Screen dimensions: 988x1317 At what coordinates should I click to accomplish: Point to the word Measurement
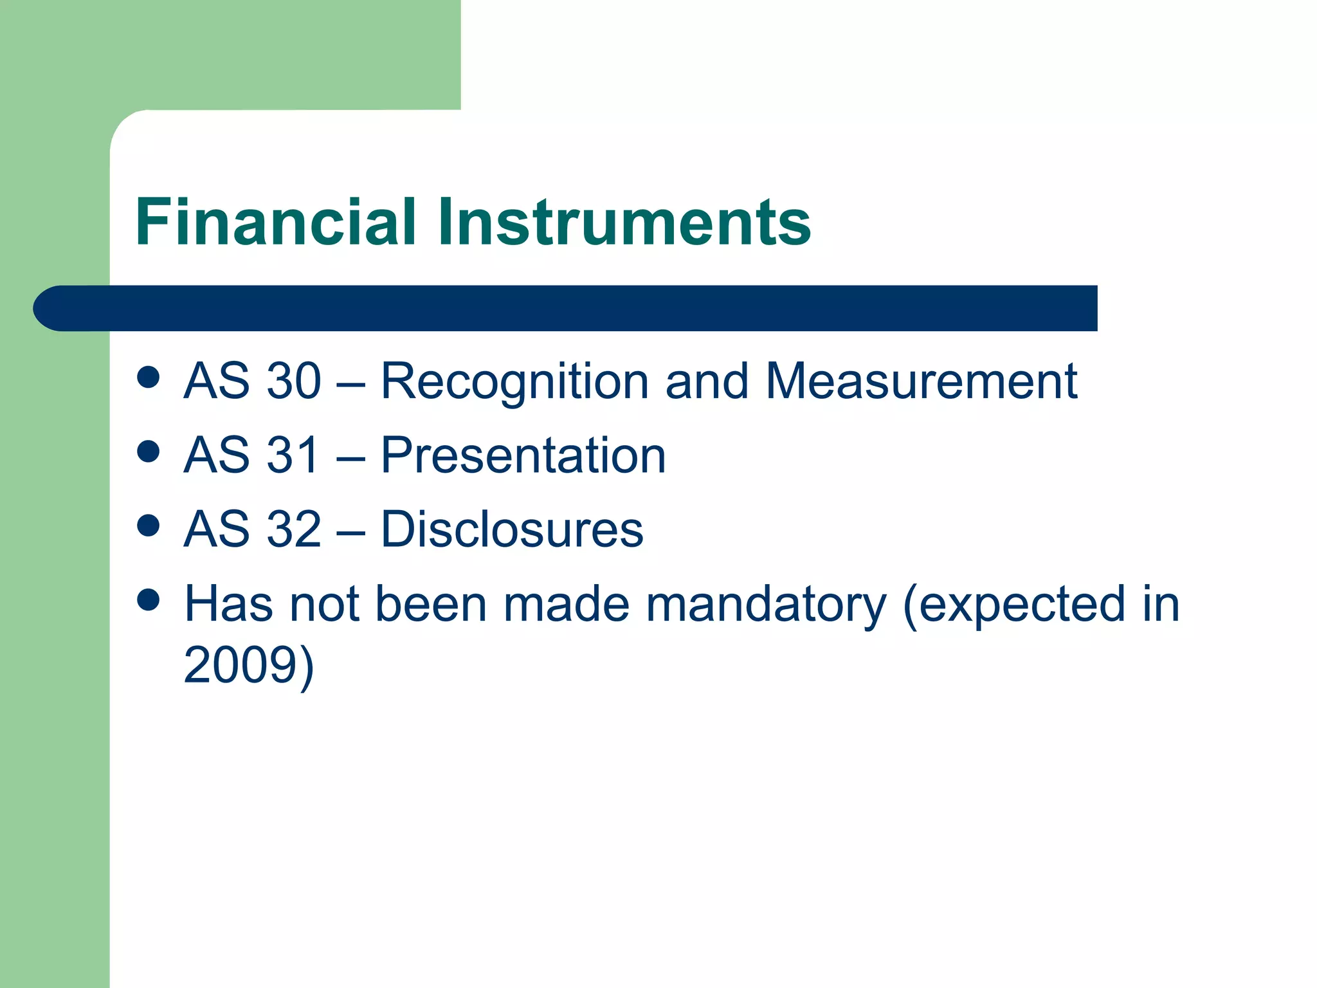click(x=921, y=381)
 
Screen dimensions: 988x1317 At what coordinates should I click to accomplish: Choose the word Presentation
click(x=523, y=455)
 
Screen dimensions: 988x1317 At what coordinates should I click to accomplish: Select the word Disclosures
click(x=512, y=529)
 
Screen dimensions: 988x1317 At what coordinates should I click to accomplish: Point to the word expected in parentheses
click(x=1022, y=605)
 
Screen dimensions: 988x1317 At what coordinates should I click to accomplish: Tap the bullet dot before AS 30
click(x=149, y=377)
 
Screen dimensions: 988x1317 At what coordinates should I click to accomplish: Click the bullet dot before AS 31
click(x=149, y=452)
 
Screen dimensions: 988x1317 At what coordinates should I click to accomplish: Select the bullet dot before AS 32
click(x=149, y=526)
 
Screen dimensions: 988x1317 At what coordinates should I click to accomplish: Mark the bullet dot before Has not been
click(x=149, y=600)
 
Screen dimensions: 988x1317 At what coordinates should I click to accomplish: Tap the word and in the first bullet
click(x=707, y=381)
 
